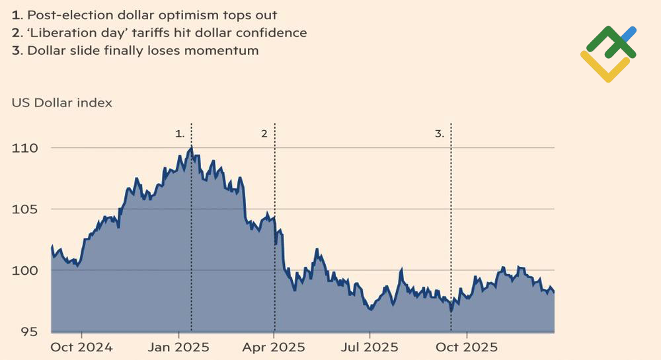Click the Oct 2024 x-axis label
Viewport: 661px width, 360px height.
pyautogui.click(x=82, y=347)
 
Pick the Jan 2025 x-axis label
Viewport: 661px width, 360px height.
pyautogui.click(x=178, y=347)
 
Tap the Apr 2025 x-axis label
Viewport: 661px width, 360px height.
pyautogui.click(x=274, y=347)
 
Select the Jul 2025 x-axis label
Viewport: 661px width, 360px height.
pyautogui.click(x=371, y=347)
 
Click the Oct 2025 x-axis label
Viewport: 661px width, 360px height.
pyautogui.click(x=467, y=347)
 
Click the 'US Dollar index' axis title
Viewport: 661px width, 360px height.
pyautogui.click(x=61, y=103)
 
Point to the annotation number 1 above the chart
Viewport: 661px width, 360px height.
pyautogui.click(x=180, y=133)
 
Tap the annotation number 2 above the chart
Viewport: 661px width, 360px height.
pyautogui.click(x=264, y=133)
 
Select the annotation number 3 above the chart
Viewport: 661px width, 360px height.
pyautogui.click(x=440, y=133)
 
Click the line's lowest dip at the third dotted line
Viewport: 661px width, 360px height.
pyautogui.click(x=451, y=310)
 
